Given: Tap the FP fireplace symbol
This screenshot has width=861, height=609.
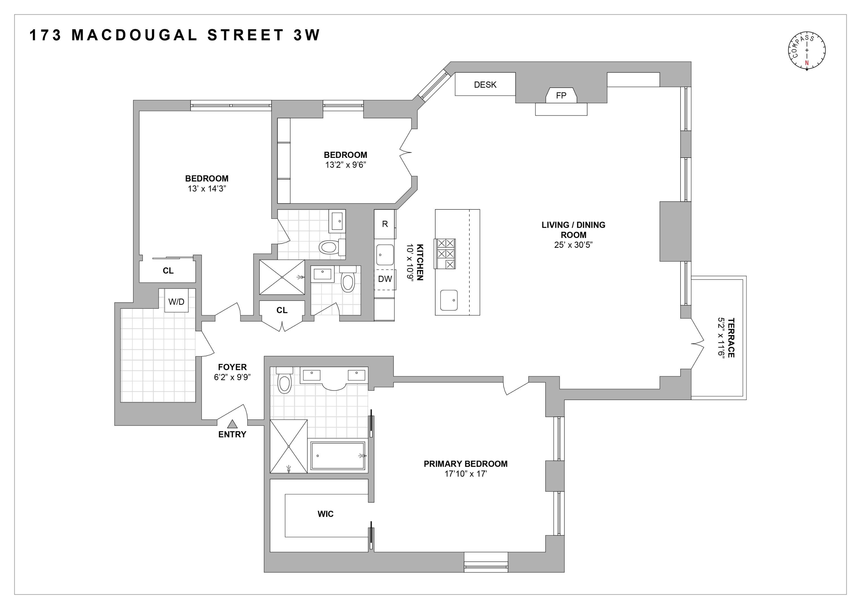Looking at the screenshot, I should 561,96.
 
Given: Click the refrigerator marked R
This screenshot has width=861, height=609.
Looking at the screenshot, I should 385,224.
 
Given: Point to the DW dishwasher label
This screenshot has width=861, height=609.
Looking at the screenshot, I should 385,279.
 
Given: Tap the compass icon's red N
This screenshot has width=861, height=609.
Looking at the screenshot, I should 807,63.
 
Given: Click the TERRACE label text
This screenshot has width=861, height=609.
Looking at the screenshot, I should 731,337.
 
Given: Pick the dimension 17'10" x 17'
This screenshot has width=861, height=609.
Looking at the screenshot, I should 465,474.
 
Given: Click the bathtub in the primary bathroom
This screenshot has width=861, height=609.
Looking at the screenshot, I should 337,456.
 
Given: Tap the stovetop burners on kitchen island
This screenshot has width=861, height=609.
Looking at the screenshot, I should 445,254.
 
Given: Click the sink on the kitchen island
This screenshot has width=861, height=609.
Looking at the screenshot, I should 449,300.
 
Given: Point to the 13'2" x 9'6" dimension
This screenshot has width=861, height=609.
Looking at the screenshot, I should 345,165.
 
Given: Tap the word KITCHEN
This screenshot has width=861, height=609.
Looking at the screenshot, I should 420,262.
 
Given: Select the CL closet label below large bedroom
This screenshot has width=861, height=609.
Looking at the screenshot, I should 168,271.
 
